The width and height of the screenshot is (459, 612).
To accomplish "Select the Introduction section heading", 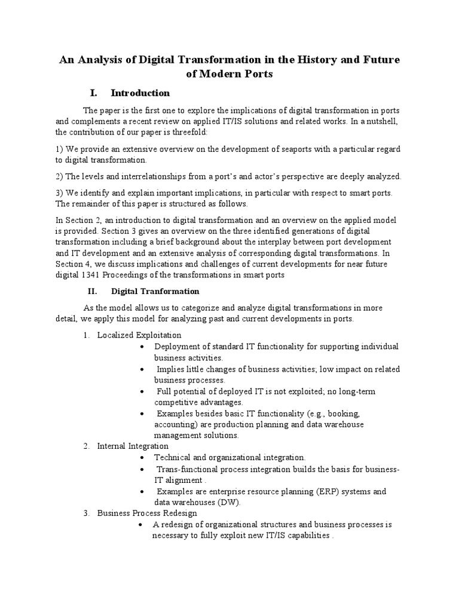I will click(x=140, y=93).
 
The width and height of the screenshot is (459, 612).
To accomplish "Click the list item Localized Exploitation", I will click(x=139, y=335).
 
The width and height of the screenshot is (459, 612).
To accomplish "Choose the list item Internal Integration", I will click(x=133, y=446).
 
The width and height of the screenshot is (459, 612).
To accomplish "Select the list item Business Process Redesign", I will click(x=147, y=513).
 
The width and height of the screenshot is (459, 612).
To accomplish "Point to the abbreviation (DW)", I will click(x=220, y=502).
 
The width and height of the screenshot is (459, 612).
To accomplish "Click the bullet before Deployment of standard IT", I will click(x=140, y=347).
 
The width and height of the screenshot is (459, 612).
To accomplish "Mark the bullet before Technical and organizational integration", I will click(x=140, y=458).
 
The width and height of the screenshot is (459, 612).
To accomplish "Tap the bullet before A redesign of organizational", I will click(x=139, y=525).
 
